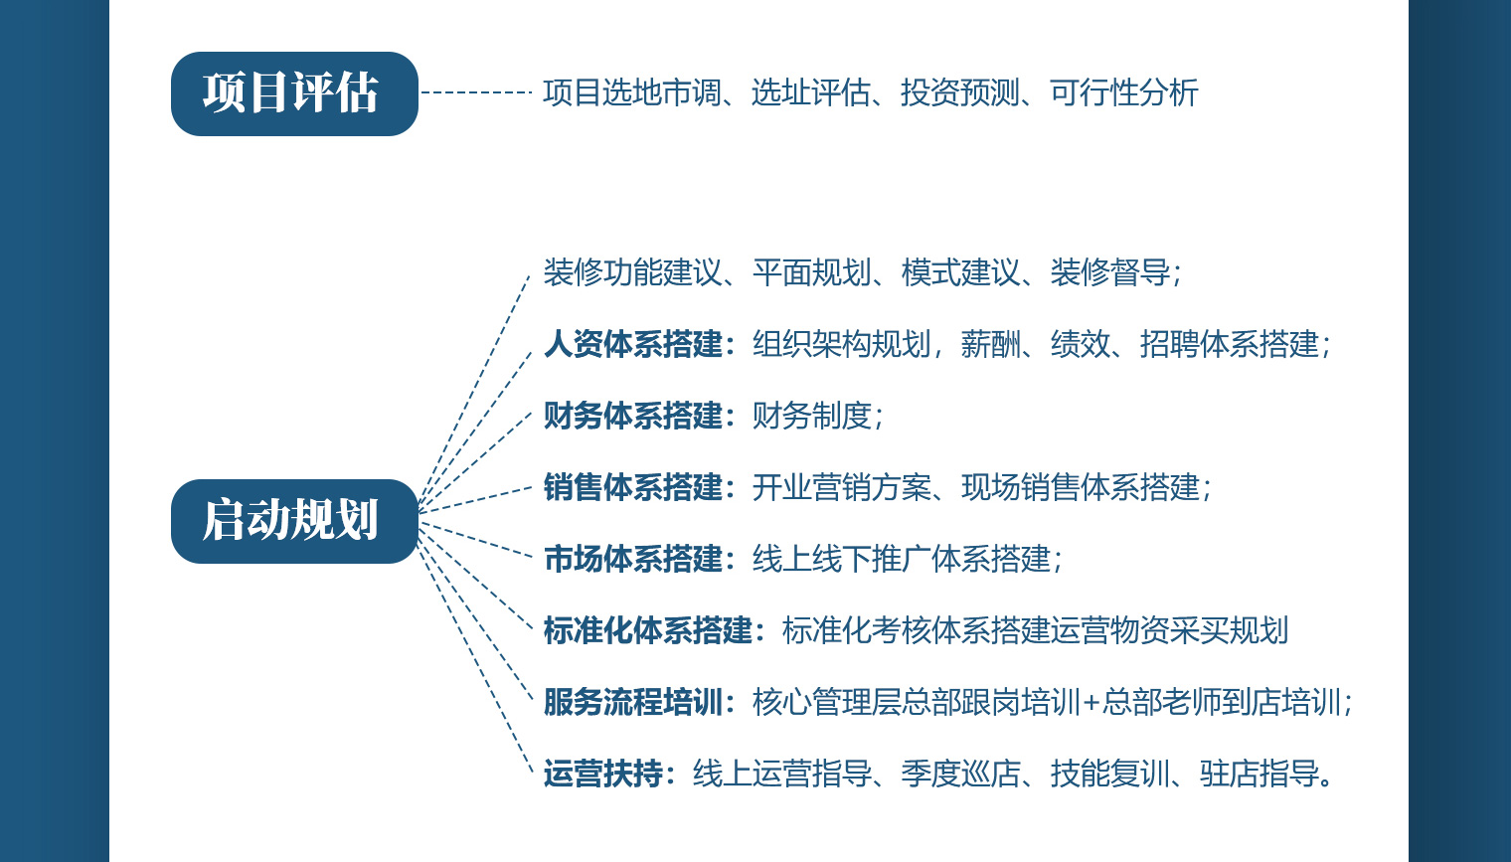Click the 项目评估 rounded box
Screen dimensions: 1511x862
pyautogui.click(x=295, y=93)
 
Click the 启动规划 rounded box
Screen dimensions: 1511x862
pyautogui.click(x=295, y=521)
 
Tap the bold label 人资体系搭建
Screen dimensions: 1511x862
pyautogui.click(x=633, y=344)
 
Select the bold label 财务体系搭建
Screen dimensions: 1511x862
pyautogui.click(x=633, y=416)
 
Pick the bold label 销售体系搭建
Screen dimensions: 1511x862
pyautogui.click(x=633, y=487)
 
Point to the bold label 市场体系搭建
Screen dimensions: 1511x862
pyautogui.click(x=633, y=559)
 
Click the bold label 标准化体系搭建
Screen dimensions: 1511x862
pyautogui.click(x=648, y=630)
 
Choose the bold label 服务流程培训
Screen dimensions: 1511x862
pyautogui.click(x=633, y=702)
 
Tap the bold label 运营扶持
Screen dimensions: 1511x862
pyautogui.click(x=603, y=773)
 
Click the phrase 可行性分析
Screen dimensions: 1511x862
pyautogui.click(x=1123, y=92)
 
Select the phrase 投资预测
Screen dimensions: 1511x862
pyautogui.click(x=960, y=92)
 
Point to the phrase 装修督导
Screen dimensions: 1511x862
pyautogui.click(x=1109, y=272)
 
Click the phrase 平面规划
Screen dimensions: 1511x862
pyautogui.click(x=811, y=272)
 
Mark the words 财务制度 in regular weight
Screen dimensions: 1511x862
pyautogui.click(x=811, y=416)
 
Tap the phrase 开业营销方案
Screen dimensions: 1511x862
pyautogui.click(x=841, y=487)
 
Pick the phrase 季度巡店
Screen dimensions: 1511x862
pyautogui.click(x=960, y=773)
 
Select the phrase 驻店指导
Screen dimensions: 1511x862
pyautogui.click(x=1259, y=773)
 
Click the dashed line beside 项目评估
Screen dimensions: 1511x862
pyautogui.click(x=476, y=92)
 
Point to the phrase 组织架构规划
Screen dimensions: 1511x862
pyautogui.click(x=841, y=344)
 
